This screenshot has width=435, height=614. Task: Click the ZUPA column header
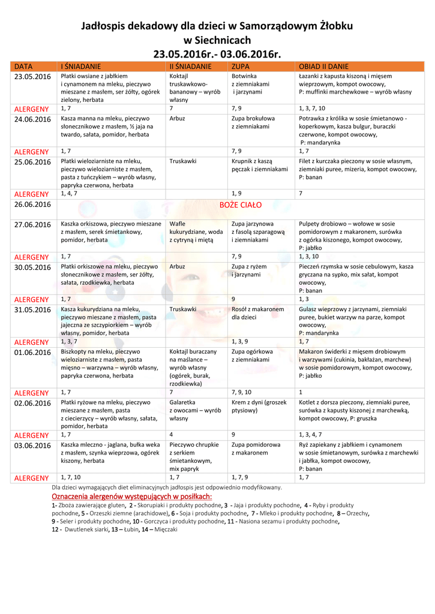241,66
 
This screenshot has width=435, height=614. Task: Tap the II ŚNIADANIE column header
190,66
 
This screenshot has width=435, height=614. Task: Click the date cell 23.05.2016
32,77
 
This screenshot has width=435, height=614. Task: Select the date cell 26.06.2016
32,204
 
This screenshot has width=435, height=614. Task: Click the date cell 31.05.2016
32,309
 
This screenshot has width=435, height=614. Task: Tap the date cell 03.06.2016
32,446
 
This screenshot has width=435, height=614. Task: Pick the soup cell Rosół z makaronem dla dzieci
258,313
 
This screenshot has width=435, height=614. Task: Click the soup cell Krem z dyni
259,407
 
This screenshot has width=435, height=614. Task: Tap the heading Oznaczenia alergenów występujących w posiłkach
131,496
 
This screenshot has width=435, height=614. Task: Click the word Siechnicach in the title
217,40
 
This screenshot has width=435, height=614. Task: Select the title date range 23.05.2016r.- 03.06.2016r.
217,55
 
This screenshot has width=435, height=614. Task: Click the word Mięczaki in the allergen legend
166,529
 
